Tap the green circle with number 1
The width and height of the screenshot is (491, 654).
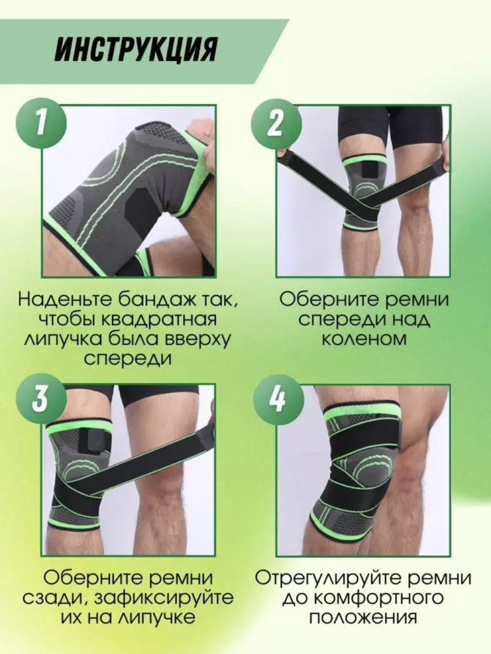pos(41,124)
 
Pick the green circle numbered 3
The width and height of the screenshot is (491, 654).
pos(41,399)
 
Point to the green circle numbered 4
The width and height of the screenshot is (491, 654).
pos(276,399)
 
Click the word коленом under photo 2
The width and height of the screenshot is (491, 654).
pos(363,339)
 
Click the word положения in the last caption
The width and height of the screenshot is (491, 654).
pos(363,618)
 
